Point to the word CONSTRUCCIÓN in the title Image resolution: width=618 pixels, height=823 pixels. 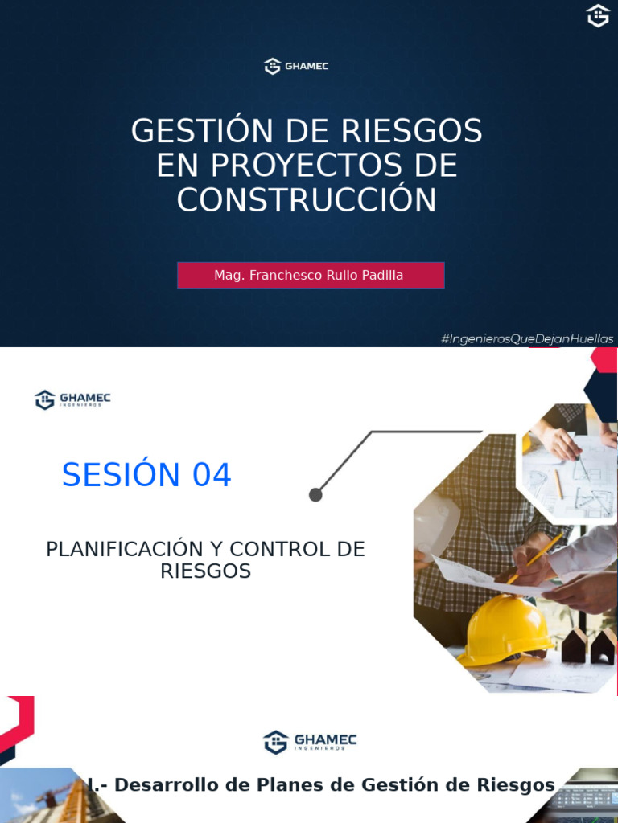tap(307, 200)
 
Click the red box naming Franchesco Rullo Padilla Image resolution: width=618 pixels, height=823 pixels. tap(310, 275)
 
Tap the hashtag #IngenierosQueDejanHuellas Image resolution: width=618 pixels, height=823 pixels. tap(527, 339)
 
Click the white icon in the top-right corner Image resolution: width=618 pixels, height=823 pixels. tap(598, 15)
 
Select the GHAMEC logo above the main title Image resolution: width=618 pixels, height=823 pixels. tap(296, 67)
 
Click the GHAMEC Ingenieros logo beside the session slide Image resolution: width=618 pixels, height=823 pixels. tap(73, 399)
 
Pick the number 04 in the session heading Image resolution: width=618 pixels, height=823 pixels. tap(211, 476)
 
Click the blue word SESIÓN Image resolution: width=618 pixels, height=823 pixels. tap(122, 476)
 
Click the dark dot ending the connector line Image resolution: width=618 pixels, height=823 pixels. tap(315, 495)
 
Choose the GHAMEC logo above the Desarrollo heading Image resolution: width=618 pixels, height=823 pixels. tap(310, 742)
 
